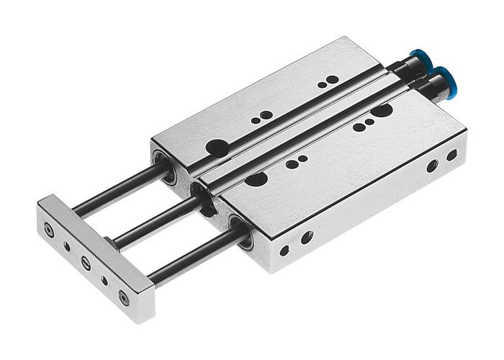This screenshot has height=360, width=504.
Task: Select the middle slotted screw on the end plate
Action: click(85, 261)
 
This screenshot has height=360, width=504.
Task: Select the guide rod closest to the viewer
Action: click(191, 256)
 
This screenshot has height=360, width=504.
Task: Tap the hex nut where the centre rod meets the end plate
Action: click(108, 241)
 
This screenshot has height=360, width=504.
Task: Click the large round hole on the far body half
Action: click(215, 148)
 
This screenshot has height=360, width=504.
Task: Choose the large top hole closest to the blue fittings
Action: click(382, 112)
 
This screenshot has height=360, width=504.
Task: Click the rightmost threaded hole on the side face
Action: click(451, 155)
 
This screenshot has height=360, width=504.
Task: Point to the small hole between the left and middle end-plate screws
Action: click(67, 246)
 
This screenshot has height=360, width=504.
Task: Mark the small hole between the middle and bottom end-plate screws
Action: click(104, 277)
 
